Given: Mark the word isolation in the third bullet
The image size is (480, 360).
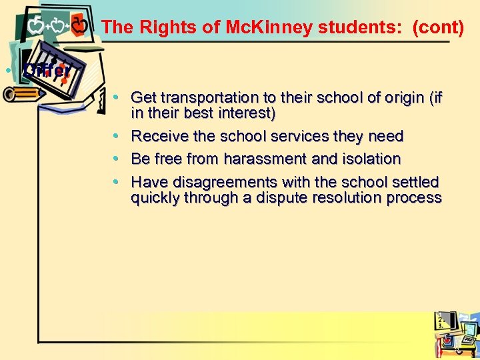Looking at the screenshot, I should point(370,159).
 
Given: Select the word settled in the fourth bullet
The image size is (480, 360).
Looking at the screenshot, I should point(415,182).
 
